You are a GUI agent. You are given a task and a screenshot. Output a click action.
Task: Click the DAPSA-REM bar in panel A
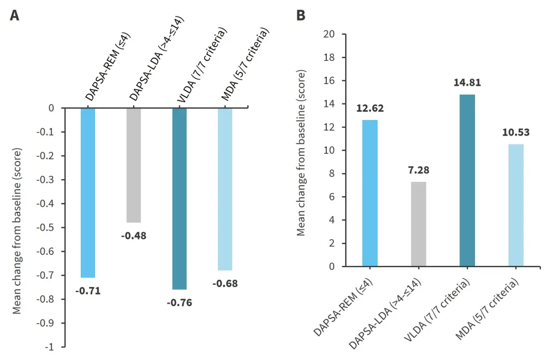[88, 192]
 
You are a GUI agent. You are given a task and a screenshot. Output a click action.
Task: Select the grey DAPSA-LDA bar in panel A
[134, 165]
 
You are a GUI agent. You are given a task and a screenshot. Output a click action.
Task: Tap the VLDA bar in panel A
[179, 199]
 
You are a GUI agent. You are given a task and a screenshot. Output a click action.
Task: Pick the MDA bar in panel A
[225, 189]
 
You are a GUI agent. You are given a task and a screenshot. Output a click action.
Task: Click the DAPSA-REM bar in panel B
[370, 193]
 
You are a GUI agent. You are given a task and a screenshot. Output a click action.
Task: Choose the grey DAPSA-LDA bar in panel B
[419, 224]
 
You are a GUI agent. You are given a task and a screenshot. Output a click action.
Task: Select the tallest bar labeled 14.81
[467, 180]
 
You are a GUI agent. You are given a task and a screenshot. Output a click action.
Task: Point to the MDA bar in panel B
[516, 205]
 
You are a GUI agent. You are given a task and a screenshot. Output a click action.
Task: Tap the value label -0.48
[134, 236]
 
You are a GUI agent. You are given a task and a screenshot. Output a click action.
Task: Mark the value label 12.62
[370, 108]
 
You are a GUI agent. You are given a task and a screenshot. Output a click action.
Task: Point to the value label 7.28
[419, 170]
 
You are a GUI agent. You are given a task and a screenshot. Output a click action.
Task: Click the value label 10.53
[516, 132]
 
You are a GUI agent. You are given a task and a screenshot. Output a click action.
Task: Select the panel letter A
[15, 15]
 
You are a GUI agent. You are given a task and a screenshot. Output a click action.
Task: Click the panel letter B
[301, 15]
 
